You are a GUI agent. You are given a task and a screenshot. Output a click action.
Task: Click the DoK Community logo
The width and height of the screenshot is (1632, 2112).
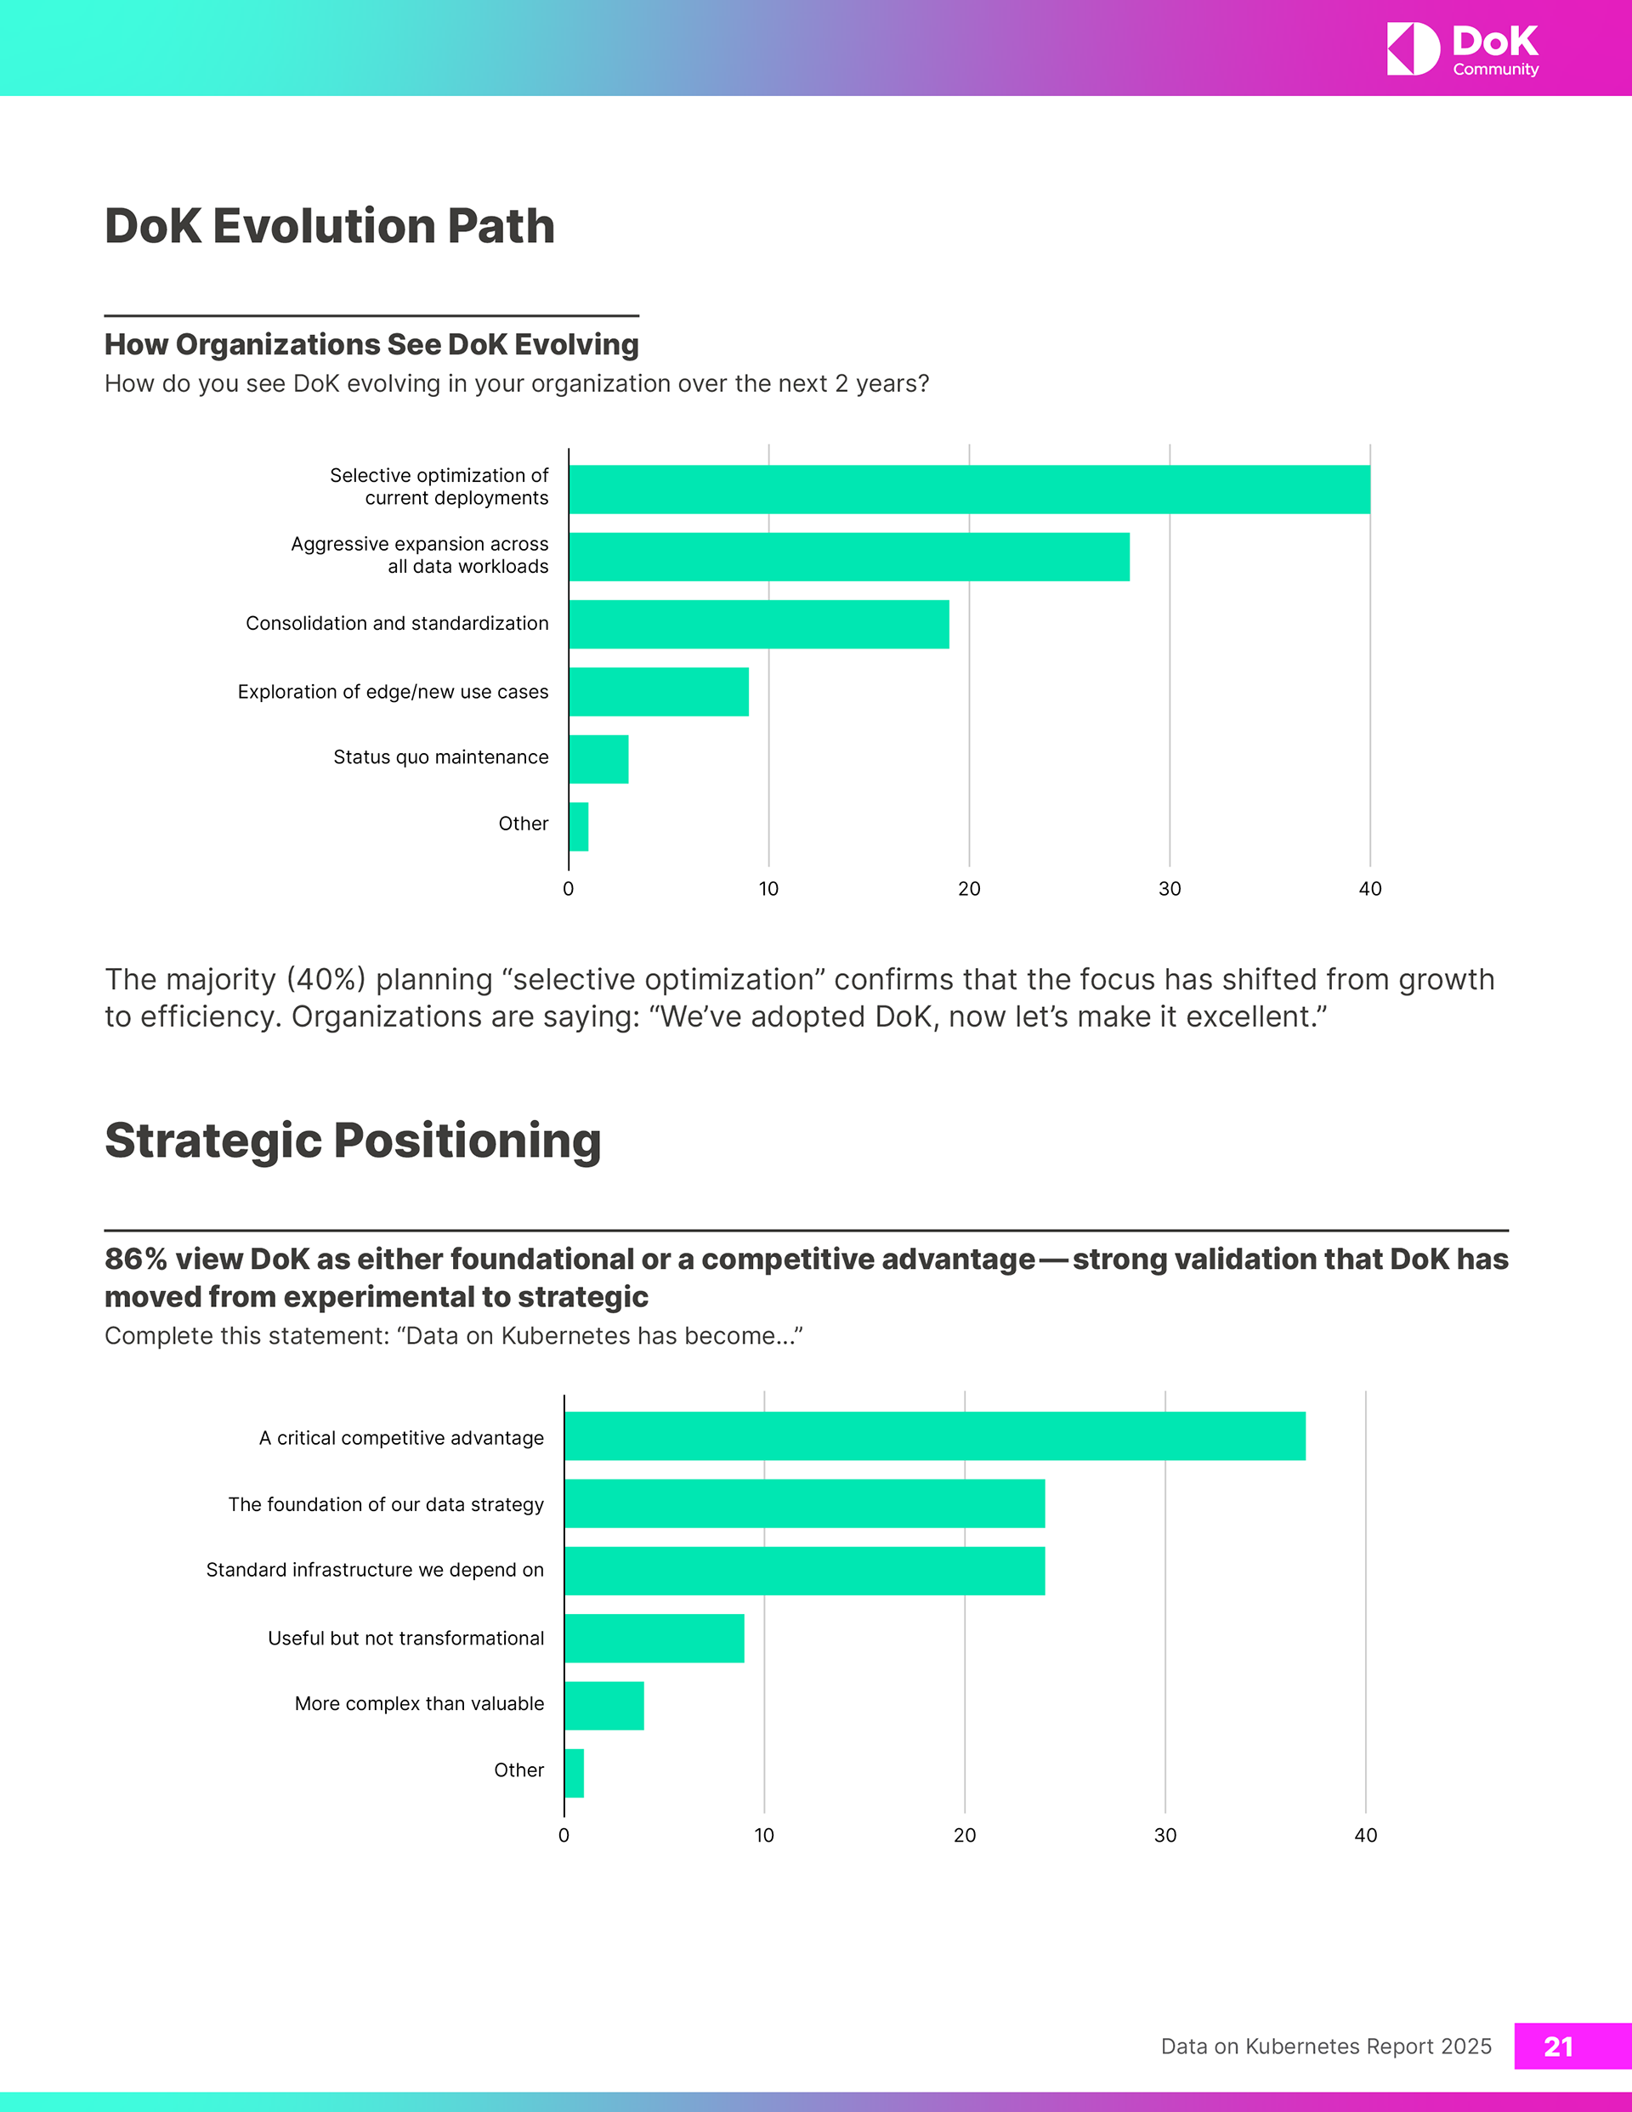1462,49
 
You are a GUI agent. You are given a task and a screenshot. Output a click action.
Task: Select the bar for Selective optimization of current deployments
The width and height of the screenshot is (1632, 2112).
969,490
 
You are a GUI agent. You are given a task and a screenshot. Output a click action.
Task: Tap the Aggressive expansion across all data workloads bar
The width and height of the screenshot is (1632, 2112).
848,557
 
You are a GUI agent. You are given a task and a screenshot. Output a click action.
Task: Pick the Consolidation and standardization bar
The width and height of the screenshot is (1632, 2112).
758,624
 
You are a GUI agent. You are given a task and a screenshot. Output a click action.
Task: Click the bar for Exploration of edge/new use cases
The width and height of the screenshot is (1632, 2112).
659,692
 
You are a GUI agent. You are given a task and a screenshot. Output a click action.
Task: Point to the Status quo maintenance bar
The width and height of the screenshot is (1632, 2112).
598,759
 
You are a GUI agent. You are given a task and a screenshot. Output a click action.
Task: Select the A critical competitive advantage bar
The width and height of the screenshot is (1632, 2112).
934,1436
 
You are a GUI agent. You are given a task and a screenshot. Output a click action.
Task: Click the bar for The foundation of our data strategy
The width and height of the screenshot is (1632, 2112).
804,1503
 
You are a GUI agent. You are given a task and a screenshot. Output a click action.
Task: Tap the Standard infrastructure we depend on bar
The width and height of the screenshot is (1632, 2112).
804,1571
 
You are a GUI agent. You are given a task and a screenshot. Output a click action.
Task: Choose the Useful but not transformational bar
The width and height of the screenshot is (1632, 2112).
654,1638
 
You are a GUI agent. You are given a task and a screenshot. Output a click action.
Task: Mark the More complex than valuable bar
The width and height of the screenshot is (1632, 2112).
603,1706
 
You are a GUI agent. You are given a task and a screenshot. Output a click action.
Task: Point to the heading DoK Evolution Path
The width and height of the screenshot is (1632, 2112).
330,226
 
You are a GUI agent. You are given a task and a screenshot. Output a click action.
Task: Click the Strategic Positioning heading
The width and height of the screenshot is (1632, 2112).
353,1140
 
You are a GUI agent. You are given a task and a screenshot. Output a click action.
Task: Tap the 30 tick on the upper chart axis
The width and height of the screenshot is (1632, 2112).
1170,889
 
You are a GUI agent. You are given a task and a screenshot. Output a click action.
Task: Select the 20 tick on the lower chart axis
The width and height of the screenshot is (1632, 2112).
965,1836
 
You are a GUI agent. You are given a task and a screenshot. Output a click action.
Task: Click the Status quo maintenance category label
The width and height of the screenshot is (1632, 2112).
440,757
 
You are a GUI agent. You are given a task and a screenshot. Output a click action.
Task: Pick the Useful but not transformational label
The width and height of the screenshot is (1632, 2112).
405,1638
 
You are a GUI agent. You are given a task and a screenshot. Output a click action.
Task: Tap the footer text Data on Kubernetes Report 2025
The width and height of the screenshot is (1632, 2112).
1325,2047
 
